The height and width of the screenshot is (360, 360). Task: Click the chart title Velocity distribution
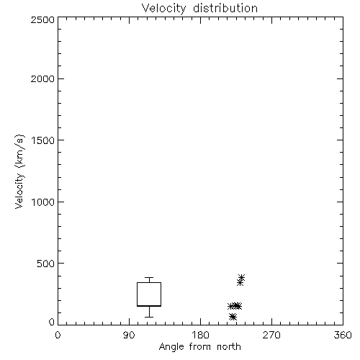click(x=199, y=8)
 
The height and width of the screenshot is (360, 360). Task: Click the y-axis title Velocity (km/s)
click(x=19, y=171)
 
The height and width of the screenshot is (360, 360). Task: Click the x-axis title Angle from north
click(x=199, y=346)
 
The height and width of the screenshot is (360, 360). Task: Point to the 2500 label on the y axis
click(x=42, y=19)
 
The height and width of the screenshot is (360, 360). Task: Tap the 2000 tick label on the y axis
click(x=42, y=78)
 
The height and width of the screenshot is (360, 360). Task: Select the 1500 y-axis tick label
click(x=43, y=140)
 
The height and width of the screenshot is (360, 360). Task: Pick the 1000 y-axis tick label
click(x=43, y=202)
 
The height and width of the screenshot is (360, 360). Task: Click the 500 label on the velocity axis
click(x=46, y=264)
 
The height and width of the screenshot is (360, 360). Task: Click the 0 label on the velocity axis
click(x=52, y=322)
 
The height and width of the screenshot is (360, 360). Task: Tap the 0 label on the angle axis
click(x=58, y=335)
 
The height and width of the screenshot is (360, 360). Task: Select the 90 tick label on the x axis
click(x=129, y=335)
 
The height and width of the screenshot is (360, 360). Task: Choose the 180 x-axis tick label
click(x=200, y=335)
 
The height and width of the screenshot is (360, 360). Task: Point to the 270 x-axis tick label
click(x=271, y=335)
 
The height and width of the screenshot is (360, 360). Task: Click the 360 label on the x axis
click(x=343, y=335)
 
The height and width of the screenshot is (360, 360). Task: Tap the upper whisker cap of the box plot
click(x=149, y=278)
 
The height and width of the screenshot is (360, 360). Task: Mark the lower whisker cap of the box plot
click(x=149, y=317)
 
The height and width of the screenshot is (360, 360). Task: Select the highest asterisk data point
click(x=241, y=278)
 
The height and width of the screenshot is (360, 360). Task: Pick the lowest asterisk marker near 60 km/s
click(x=232, y=317)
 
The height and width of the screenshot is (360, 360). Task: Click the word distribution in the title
click(x=225, y=8)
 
